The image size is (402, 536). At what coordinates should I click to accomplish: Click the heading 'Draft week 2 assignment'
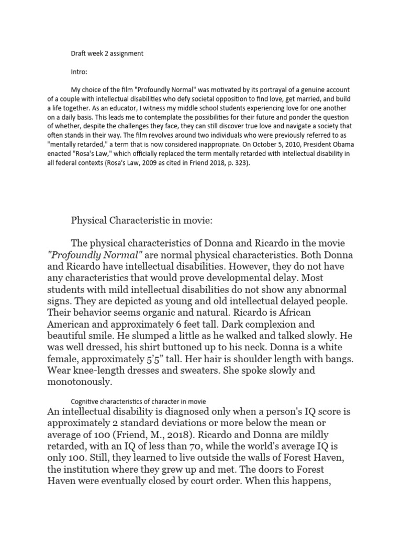point(107,53)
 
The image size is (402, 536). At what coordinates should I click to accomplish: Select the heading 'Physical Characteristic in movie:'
point(142,221)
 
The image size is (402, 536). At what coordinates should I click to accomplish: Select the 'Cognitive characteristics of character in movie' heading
point(138,401)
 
